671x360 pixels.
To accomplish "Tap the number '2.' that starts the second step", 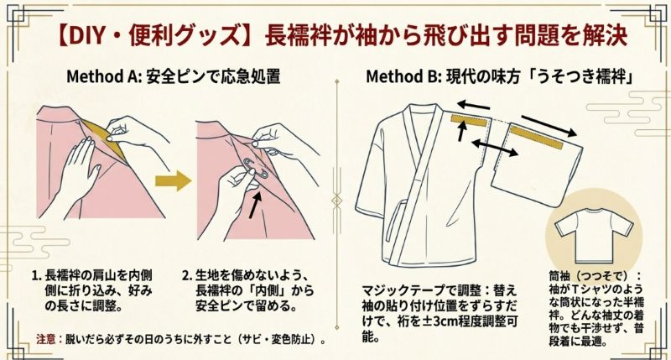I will [187, 275].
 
